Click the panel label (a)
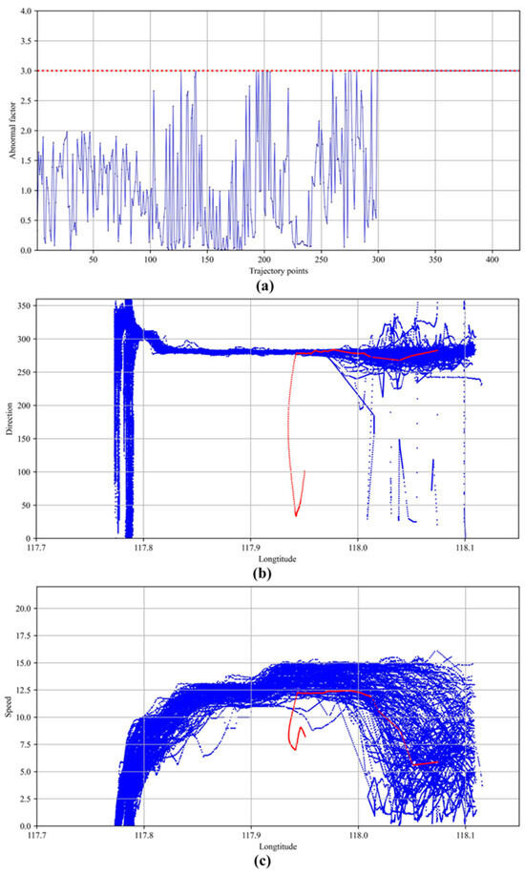tap(262, 283)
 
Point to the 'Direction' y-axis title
tap(9, 419)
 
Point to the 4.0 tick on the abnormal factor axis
tap(24, 11)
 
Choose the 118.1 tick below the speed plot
tap(464, 836)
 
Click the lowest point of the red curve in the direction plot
tap(297, 515)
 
